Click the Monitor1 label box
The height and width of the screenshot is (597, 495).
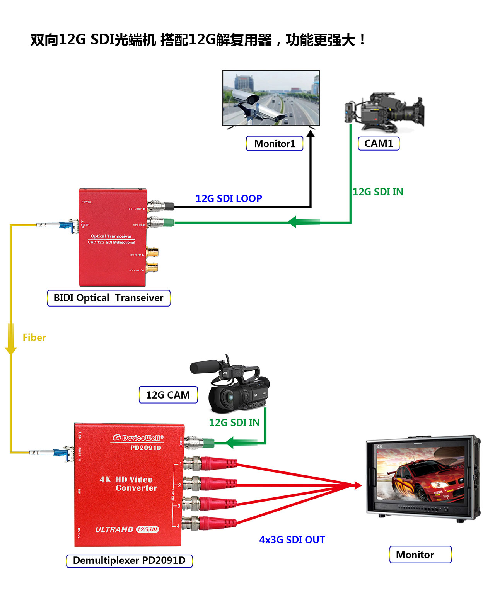275,144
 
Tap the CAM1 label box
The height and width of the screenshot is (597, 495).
379,143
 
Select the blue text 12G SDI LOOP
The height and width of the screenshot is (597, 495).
229,198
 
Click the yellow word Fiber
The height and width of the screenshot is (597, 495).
34,338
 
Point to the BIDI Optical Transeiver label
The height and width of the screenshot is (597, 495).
108,298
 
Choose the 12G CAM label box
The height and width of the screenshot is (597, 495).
168,395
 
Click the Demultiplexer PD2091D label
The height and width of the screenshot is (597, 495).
129,561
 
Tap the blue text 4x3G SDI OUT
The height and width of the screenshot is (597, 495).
292,540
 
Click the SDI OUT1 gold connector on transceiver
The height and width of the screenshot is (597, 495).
152,253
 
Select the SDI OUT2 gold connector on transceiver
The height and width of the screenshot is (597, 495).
152,267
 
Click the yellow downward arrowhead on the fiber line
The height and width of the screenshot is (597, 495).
11,350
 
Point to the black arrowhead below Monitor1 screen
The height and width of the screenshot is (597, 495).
311,134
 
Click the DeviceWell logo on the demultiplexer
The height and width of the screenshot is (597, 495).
138,438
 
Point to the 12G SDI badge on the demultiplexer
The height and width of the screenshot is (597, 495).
147,529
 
